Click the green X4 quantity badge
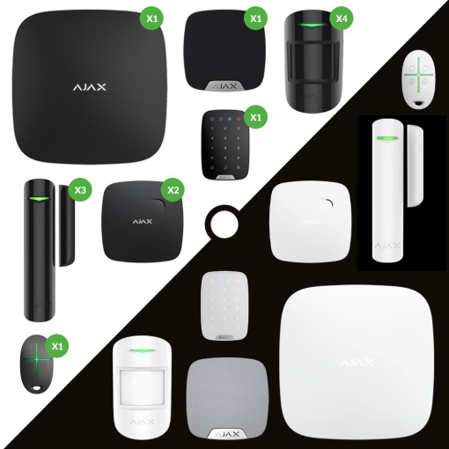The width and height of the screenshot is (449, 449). tap(342, 18)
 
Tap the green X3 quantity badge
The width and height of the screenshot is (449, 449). tap(80, 190)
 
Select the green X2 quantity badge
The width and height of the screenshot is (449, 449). tap(173, 190)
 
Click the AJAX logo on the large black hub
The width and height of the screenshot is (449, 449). tap(90, 87)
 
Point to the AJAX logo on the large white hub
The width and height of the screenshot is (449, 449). tap(357, 362)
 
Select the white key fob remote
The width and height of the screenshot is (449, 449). tap(418, 79)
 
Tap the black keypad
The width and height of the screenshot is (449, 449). tap(225, 144)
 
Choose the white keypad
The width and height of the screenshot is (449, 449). tap(224, 305)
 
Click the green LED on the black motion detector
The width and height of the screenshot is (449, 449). tap(313, 25)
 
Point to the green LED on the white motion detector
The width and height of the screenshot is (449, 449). tap(142, 351)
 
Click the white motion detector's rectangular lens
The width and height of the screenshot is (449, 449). tap(142, 387)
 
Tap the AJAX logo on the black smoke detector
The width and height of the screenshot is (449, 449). tap(143, 221)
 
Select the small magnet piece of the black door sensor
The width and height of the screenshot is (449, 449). tap(67, 225)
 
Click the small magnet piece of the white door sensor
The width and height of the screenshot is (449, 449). tap(415, 166)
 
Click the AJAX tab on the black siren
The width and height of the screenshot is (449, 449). tap(224, 86)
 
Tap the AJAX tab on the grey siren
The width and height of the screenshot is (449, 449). tap(227, 434)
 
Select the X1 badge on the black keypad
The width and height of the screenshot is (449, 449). tap(255, 117)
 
